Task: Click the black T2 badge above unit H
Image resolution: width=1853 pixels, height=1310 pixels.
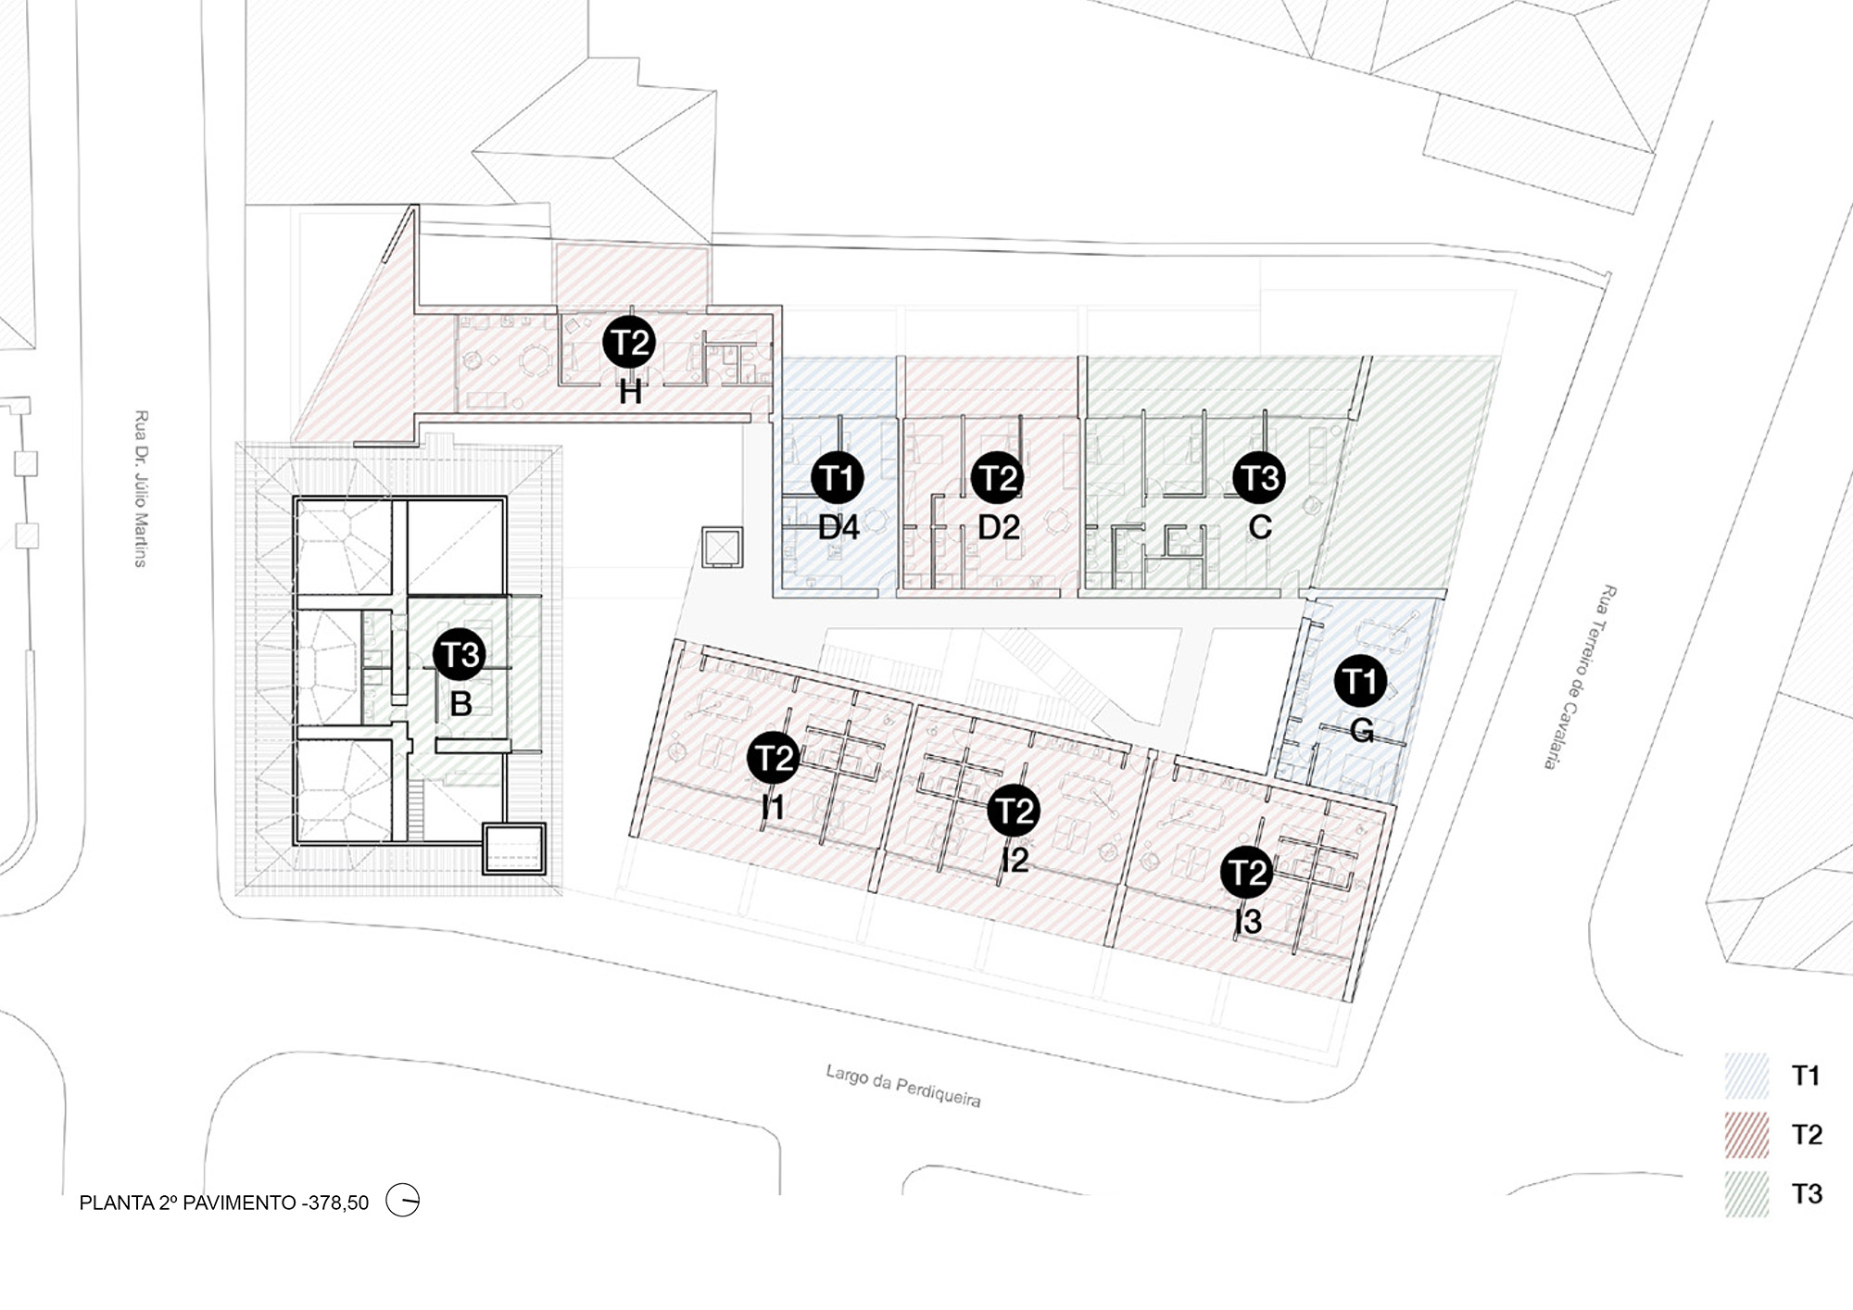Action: (629, 343)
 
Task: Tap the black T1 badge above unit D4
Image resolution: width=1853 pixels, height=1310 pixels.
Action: (837, 478)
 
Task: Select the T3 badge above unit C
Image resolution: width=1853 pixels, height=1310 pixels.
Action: (1259, 477)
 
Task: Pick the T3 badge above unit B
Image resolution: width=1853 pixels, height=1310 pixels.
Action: (460, 654)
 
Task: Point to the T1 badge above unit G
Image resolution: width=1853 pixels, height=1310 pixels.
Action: (1360, 681)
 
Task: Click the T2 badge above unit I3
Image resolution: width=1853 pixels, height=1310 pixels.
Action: (1246, 873)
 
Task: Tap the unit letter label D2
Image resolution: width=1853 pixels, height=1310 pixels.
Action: (999, 527)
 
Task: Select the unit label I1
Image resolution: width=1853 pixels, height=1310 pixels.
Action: (773, 808)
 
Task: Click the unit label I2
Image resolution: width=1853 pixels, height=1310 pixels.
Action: (1015, 861)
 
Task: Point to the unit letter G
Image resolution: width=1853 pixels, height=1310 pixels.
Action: (1362, 731)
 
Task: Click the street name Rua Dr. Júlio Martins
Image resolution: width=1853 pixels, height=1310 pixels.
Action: (141, 488)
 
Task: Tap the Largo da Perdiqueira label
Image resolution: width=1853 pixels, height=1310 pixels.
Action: (903, 1086)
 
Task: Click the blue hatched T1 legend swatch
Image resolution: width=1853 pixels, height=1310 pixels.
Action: (1747, 1076)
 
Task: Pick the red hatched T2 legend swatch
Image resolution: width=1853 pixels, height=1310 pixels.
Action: (1747, 1135)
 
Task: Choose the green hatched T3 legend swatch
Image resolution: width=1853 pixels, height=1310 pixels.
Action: (1747, 1194)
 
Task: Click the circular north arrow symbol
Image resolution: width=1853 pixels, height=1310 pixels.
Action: (403, 1201)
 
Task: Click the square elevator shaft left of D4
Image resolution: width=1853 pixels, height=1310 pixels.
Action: (722, 547)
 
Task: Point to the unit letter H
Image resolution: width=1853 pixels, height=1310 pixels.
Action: (630, 393)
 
